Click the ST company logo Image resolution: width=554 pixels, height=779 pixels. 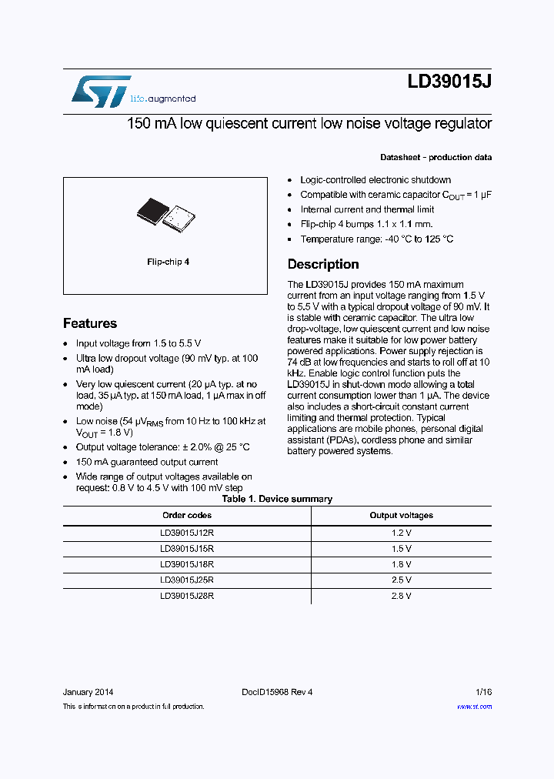click(x=101, y=92)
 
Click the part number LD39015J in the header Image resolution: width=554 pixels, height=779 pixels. click(x=449, y=83)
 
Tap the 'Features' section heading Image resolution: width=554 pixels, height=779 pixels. click(x=90, y=323)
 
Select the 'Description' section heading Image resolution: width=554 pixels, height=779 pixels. click(x=322, y=264)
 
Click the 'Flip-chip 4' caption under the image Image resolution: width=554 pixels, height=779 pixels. click(x=168, y=262)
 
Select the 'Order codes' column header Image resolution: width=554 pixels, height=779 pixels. click(x=186, y=515)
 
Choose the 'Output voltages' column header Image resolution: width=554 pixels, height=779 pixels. click(x=401, y=515)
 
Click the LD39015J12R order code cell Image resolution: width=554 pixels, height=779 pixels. click(x=186, y=532)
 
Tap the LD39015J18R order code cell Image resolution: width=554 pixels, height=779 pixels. click(x=186, y=564)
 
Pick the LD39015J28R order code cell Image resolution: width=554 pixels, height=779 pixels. click(x=186, y=596)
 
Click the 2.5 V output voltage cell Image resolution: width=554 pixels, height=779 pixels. click(x=401, y=580)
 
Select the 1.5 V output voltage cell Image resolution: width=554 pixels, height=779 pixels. click(x=401, y=548)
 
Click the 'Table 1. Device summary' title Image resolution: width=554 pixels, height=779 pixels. click(x=277, y=499)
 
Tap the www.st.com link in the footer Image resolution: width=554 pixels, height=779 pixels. click(x=474, y=706)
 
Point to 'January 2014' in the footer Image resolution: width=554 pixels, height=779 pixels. click(x=88, y=692)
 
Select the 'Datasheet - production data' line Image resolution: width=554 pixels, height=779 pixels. click(x=436, y=157)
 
